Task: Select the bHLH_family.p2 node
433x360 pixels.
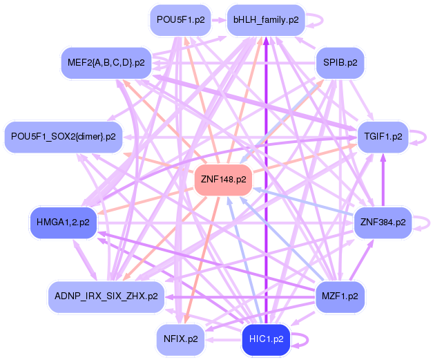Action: [x=266, y=20]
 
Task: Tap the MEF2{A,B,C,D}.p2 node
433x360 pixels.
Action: [x=106, y=62]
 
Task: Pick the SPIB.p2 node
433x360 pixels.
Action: [x=340, y=62]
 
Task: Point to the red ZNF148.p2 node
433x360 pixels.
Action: [x=223, y=180]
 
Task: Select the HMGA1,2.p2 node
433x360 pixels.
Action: [x=63, y=222]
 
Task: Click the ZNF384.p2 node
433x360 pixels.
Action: [x=383, y=222]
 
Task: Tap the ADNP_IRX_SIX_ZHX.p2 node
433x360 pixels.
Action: [x=106, y=296]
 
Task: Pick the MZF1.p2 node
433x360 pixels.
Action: [x=340, y=296]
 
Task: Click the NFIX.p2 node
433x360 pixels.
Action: [x=181, y=339]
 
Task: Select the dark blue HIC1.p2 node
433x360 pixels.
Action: [x=266, y=339]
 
